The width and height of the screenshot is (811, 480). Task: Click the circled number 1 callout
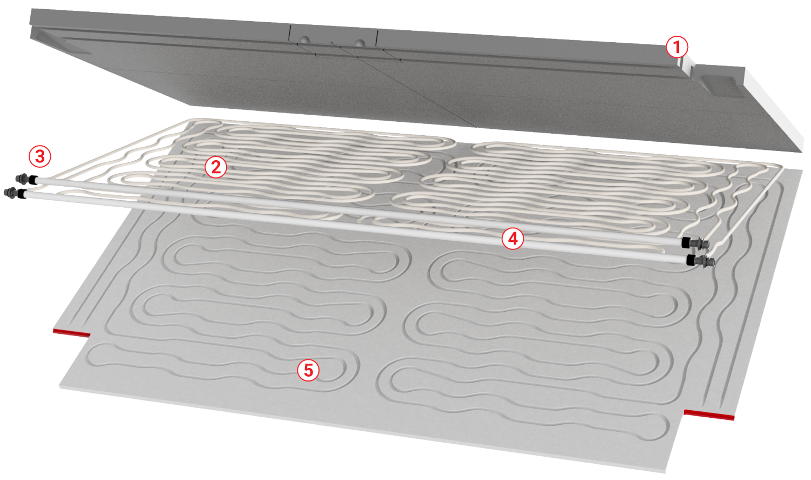[677, 47]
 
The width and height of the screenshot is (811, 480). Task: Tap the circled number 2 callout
[216, 167]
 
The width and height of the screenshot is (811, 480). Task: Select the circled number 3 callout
[40, 156]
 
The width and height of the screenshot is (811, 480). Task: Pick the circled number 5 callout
[308, 370]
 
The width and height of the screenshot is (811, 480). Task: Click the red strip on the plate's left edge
[71, 332]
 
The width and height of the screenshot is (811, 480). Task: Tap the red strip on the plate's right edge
[709, 415]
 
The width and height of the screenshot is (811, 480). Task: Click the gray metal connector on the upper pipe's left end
[23, 178]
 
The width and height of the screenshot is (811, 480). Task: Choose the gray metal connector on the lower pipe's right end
[707, 261]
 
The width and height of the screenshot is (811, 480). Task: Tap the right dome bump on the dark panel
[360, 43]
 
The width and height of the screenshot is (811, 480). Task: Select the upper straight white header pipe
[358, 210]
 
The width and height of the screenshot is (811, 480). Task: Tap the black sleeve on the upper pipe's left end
[33, 180]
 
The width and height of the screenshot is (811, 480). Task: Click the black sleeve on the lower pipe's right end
[692, 260]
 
